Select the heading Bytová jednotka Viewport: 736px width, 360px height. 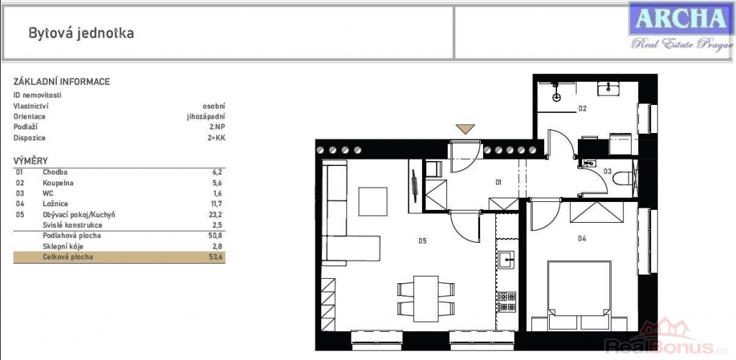point(81,33)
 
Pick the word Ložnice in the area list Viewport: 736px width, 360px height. point(55,203)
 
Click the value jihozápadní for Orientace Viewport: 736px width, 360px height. point(206,117)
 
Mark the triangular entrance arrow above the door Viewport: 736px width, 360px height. point(465,129)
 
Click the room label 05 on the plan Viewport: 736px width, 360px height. point(422,241)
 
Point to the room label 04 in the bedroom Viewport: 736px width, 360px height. point(582,238)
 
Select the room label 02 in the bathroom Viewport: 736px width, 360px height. point(582,109)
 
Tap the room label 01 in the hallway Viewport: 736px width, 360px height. point(499,182)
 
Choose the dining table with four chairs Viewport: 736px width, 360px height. point(425,298)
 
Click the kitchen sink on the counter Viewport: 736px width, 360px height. point(507,259)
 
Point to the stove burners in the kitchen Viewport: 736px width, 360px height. point(507,302)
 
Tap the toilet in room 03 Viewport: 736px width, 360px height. point(625,179)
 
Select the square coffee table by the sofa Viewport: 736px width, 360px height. point(373,201)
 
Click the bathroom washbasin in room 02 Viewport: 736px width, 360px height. point(608,88)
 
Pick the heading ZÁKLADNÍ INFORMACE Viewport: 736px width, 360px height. point(62,82)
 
